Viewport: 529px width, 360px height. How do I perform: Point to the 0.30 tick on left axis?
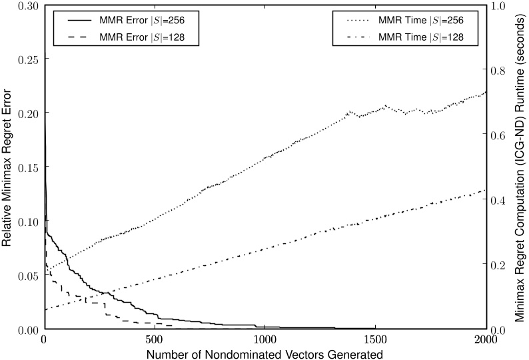coord(27,5)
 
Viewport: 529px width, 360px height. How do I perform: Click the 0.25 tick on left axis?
coord(27,59)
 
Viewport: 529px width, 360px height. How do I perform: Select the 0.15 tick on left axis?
coord(27,167)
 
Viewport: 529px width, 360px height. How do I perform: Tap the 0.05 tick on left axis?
coord(27,276)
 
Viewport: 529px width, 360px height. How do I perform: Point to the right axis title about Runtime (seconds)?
coord(520,167)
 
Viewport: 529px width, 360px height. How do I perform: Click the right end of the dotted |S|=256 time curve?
coord(486,93)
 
